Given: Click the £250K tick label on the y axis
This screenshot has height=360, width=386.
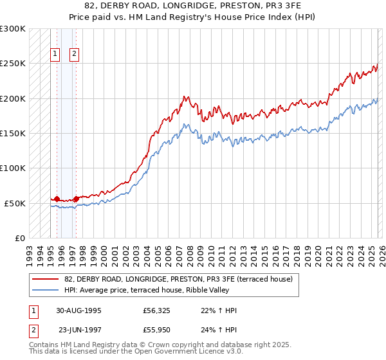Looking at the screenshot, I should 12,64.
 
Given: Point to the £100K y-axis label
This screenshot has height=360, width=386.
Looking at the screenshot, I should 12,168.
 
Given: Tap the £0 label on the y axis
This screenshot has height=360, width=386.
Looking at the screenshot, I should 19,238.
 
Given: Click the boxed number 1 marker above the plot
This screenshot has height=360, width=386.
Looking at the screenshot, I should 56,55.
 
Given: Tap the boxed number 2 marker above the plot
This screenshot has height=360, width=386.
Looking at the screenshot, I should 75,55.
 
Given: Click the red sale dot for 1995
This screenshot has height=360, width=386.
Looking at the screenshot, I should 57,199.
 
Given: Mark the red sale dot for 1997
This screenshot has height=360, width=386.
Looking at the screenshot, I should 76,199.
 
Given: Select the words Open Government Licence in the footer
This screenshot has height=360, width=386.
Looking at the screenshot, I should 174,352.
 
